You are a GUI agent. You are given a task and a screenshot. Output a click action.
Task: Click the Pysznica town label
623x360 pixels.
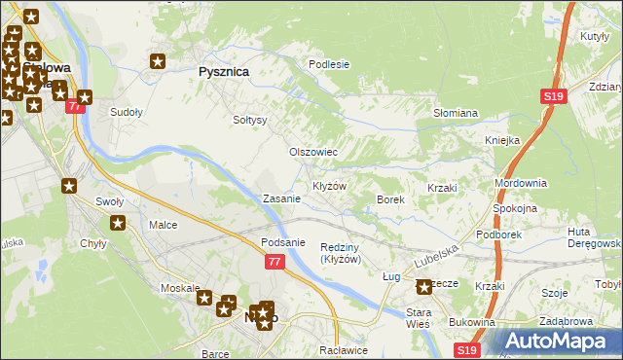pyautogui.click(x=224, y=72)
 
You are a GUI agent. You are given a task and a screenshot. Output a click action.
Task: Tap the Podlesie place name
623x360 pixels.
pyautogui.click(x=328, y=64)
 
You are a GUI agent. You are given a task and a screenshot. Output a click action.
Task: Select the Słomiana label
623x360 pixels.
pyautogui.click(x=455, y=113)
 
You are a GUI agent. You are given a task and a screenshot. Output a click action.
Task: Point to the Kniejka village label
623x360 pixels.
pyautogui.click(x=502, y=140)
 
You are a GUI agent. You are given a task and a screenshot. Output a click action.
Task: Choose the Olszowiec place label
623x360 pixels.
pyautogui.click(x=313, y=153)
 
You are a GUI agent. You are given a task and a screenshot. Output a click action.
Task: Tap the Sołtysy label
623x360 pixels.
pyautogui.click(x=249, y=121)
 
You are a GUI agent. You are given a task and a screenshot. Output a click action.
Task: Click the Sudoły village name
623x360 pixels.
pyautogui.click(x=127, y=112)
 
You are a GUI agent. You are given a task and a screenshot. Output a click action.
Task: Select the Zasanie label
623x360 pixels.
pyautogui.click(x=281, y=198)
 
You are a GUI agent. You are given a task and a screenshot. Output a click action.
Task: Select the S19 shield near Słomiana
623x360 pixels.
pyautogui.click(x=554, y=96)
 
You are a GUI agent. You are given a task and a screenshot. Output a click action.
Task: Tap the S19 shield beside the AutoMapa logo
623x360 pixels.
pyautogui.click(x=467, y=349)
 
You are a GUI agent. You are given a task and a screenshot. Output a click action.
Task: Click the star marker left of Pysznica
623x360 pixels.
pyautogui.click(x=158, y=62)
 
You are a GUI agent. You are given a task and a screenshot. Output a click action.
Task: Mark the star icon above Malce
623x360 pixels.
pyautogui.click(x=118, y=224)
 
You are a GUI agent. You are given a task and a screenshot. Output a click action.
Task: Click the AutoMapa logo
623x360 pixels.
pyautogui.click(x=558, y=342)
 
